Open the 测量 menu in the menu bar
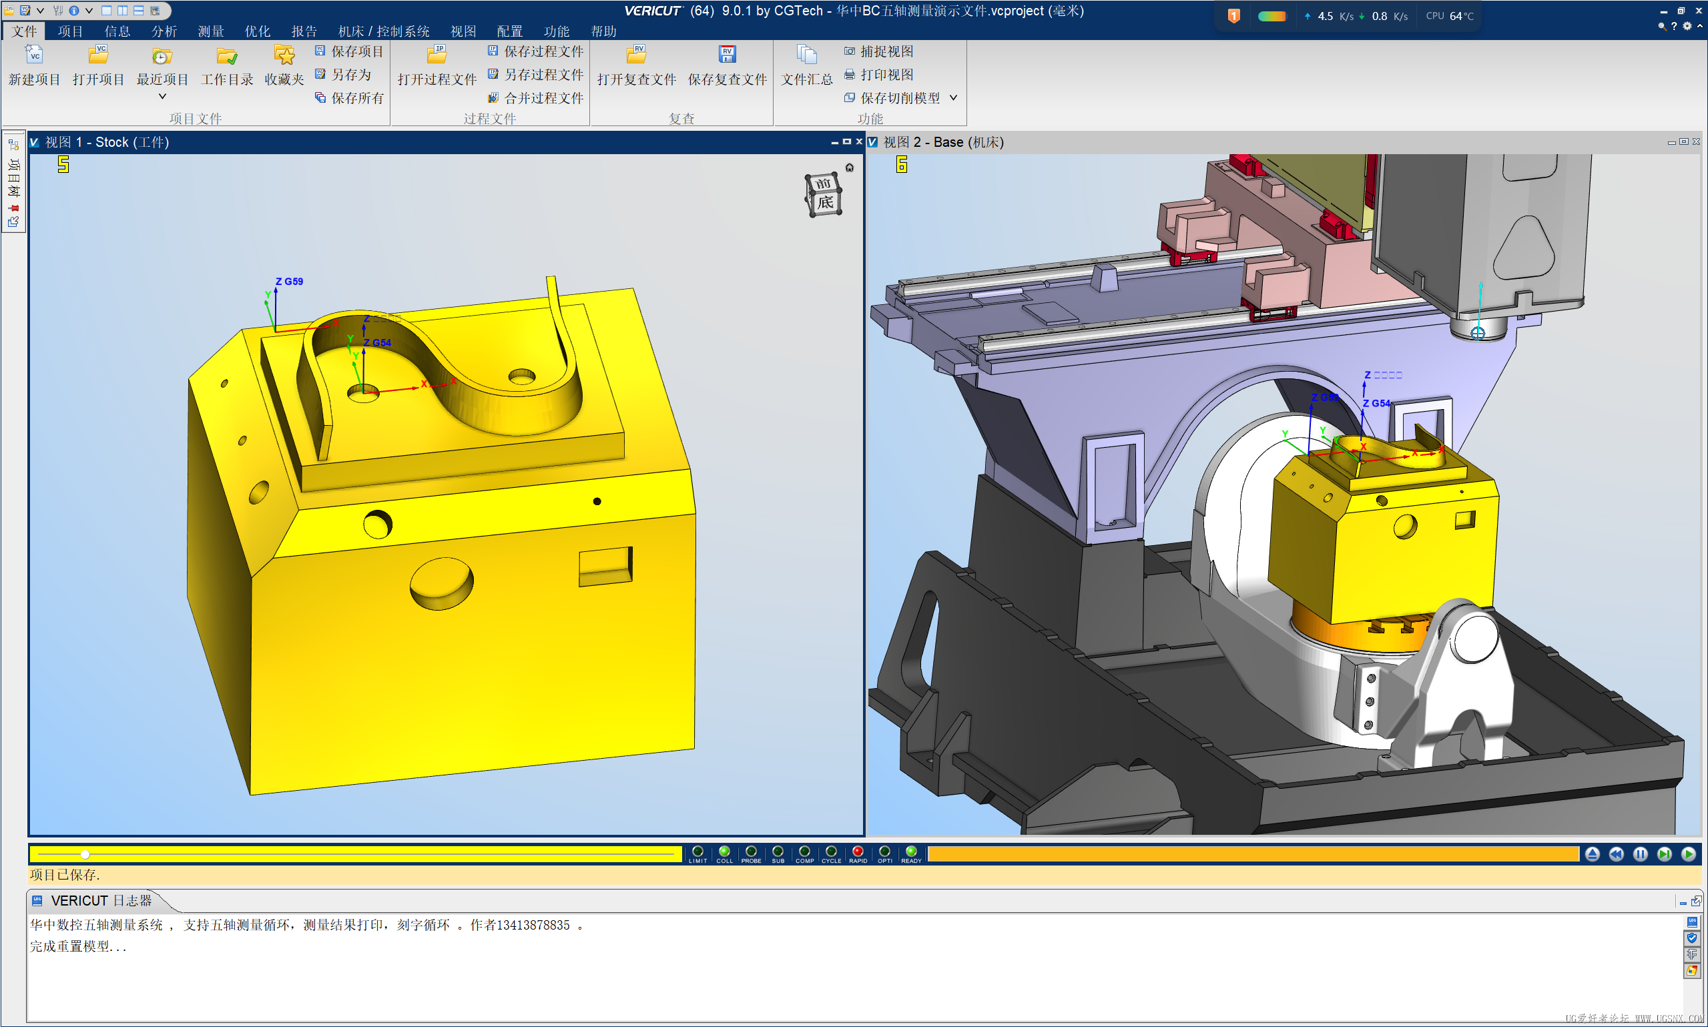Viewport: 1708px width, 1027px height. [210, 31]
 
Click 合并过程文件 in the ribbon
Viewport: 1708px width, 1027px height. [536, 97]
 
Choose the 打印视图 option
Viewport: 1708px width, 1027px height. [879, 74]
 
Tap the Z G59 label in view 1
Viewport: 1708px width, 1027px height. [289, 282]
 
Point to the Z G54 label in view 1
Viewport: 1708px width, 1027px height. [377, 342]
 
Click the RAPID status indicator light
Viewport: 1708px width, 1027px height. [858, 852]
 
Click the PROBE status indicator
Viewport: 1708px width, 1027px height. [751, 852]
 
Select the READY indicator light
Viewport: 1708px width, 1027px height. [911, 852]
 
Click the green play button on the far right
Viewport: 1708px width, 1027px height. [1688, 854]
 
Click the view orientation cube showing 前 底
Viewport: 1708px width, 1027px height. [823, 194]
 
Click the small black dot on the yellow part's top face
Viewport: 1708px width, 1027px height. [597, 501]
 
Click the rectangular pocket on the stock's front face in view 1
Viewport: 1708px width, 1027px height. [605, 567]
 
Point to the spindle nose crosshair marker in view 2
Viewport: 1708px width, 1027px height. [1477, 334]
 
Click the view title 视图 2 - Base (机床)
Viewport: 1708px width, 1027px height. [942, 142]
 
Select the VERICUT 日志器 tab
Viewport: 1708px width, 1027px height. [100, 900]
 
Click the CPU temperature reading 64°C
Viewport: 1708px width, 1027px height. [1461, 16]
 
